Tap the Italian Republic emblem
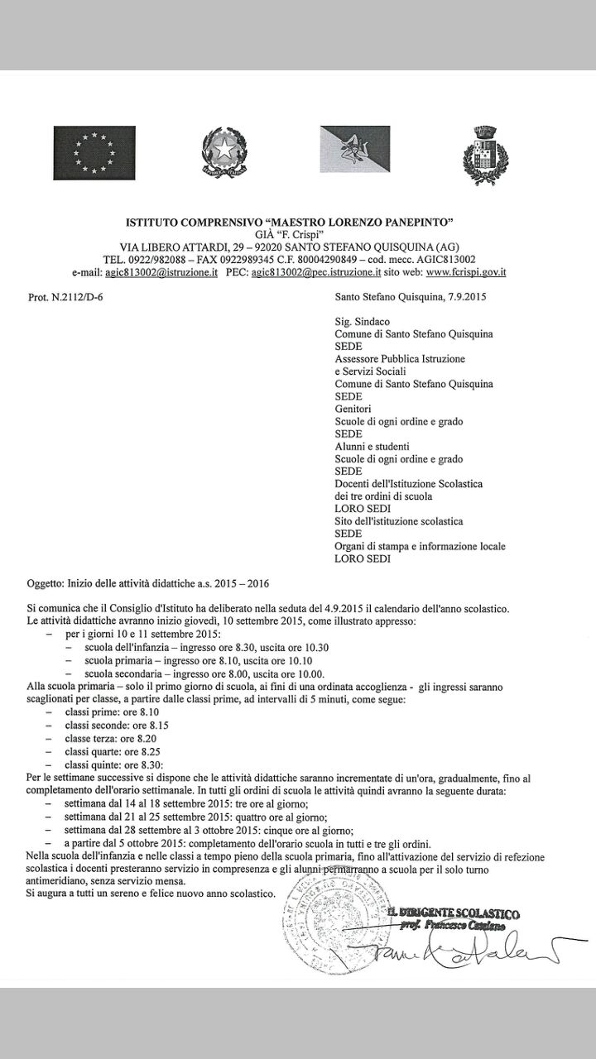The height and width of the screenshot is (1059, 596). (222, 151)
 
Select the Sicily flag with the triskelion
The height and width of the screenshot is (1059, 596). (355, 150)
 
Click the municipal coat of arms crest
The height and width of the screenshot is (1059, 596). (485, 151)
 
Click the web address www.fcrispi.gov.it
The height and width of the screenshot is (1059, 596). (466, 271)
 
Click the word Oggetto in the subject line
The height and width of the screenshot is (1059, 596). (46, 583)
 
